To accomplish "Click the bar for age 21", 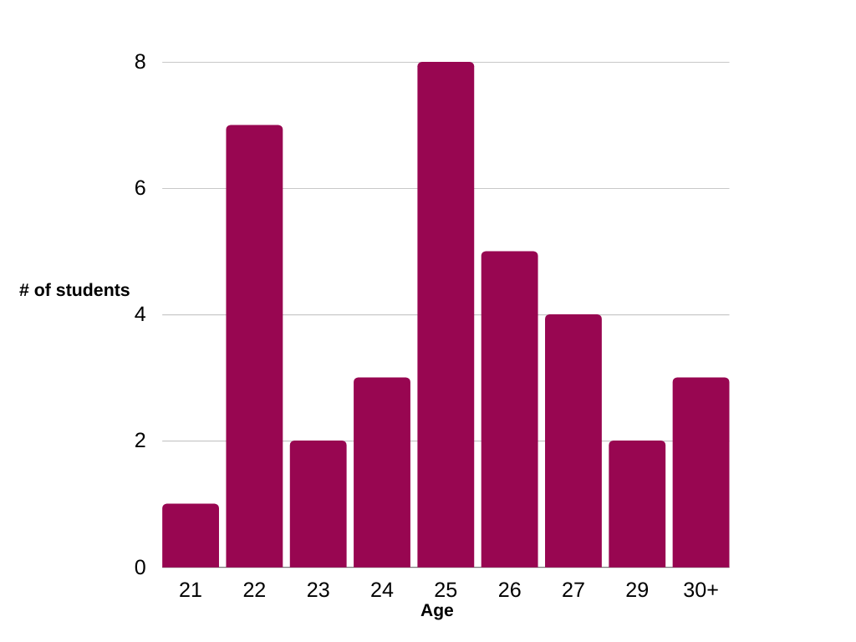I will [x=191, y=536].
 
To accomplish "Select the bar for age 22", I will [x=254, y=346].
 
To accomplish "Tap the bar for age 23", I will [x=318, y=504].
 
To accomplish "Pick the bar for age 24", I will [x=382, y=472].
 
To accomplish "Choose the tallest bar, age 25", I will [x=446, y=314].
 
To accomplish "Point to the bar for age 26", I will [x=509, y=410].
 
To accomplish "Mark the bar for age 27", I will [x=573, y=441].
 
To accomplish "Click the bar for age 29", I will [x=637, y=504].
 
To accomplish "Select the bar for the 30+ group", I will [x=701, y=472].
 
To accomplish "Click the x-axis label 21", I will [x=191, y=590].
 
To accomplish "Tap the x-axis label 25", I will [x=446, y=590].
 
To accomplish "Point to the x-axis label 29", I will [x=637, y=590].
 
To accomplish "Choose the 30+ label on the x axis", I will [x=701, y=590].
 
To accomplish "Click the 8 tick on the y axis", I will [x=140, y=63].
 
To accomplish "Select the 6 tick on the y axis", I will [x=140, y=189].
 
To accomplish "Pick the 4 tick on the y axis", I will [x=140, y=315].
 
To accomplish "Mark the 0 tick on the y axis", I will [x=140, y=568].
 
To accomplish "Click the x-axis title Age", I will [x=437, y=611].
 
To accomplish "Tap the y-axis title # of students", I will [x=74, y=291].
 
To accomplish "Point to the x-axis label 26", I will [x=509, y=590].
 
